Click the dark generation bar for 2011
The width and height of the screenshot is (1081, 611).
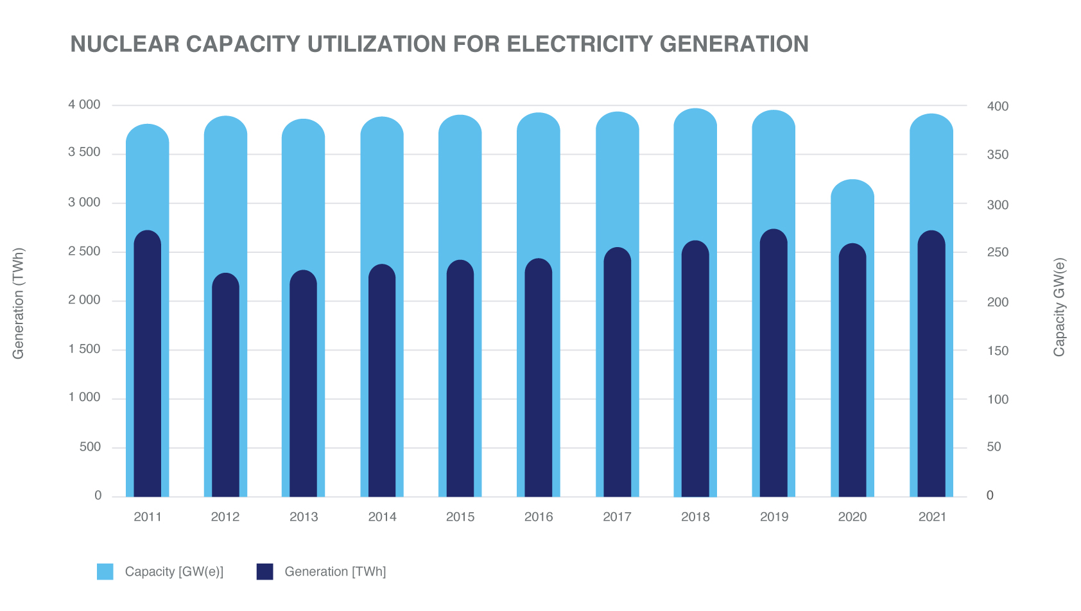coord(148,366)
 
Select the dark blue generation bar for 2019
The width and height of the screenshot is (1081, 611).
coord(774,366)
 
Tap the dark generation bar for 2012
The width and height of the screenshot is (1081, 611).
coord(225,385)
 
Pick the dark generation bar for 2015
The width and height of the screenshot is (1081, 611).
coord(460,379)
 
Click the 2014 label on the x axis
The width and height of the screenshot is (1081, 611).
coord(382,517)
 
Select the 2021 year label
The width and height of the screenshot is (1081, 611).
coord(932,517)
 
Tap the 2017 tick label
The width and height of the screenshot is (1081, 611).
coord(617,517)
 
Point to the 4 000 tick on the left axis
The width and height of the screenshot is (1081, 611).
coord(85,105)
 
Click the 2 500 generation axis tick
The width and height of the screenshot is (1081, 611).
coord(85,252)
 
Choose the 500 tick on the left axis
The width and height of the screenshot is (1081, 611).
coord(91,447)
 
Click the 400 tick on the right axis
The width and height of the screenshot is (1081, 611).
coord(998,107)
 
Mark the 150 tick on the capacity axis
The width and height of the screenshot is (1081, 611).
coord(998,351)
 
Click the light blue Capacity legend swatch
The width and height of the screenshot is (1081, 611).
coord(105,572)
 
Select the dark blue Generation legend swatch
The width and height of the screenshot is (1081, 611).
coord(264,572)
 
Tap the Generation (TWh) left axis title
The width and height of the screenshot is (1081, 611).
coord(19,304)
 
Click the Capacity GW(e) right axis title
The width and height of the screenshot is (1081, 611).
coord(1059,307)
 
